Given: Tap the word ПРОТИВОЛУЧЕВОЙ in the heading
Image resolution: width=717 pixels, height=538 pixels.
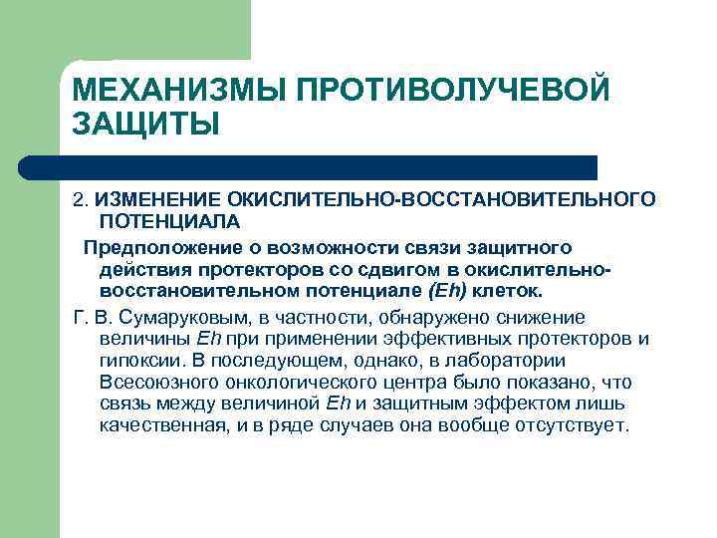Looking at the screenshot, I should [453, 91].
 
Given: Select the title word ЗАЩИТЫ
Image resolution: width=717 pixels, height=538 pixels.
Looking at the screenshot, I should [145, 127].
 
